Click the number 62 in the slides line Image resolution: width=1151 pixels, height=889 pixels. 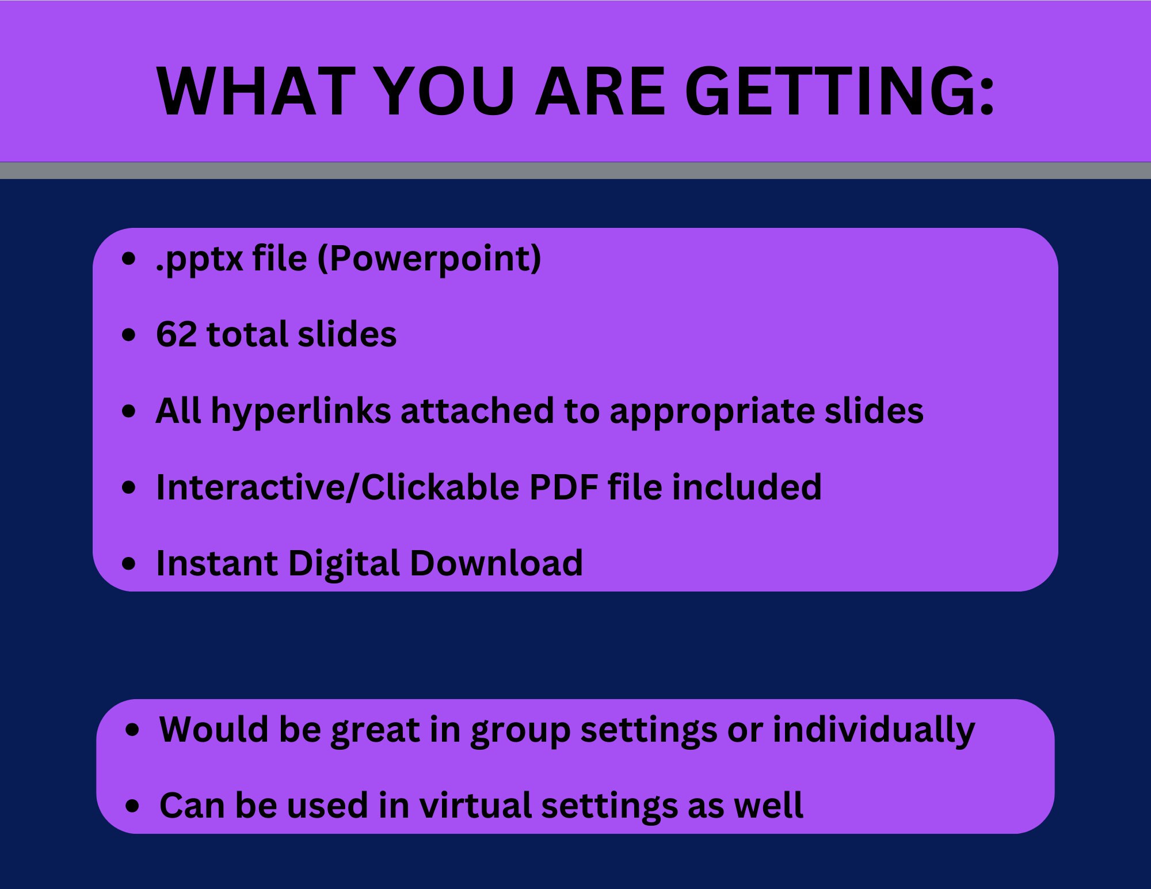[176, 334]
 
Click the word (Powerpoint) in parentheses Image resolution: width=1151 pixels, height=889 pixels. [429, 259]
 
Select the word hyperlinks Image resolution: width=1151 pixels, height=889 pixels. [301, 412]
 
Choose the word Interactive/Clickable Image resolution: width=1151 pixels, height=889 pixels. [337, 487]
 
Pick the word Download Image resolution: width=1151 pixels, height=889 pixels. [496, 563]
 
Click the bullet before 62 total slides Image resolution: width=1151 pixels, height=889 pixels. [129, 335]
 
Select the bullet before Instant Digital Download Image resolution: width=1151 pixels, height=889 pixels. [129, 564]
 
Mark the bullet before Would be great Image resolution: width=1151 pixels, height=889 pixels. [132, 730]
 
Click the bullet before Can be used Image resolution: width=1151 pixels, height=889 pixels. [132, 806]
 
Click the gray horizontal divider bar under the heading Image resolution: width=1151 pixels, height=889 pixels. [575, 170]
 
